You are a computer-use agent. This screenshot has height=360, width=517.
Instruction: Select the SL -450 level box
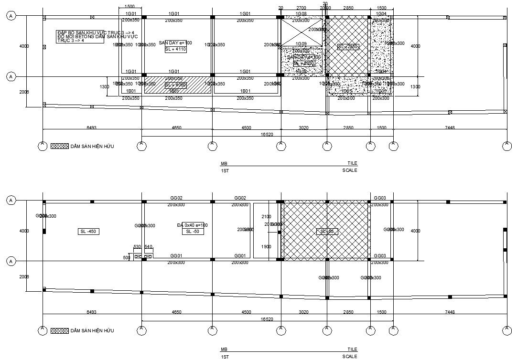(89, 232)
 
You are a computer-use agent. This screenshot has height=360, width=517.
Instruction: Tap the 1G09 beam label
(301, 44)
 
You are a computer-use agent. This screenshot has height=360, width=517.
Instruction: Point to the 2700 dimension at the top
(301, 8)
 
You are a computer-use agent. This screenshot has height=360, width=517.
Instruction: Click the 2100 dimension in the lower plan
(267, 217)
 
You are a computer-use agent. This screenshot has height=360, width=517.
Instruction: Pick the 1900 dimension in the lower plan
(267, 247)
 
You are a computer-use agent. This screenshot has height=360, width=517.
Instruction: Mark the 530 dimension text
(137, 247)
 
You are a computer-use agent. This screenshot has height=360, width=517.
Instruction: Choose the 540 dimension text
(148, 247)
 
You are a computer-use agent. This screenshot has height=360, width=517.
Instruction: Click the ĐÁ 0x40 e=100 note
(192, 225)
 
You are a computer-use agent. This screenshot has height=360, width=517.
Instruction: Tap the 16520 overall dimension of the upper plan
(267, 135)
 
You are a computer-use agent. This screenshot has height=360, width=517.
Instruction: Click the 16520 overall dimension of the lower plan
(267, 319)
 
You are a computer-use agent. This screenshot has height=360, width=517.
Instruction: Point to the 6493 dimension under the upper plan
(92, 128)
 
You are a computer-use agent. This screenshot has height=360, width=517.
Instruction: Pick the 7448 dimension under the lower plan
(450, 312)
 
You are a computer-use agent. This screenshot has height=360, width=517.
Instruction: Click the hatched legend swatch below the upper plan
(59, 146)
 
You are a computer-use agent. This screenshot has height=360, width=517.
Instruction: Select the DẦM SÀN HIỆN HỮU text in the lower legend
(92, 330)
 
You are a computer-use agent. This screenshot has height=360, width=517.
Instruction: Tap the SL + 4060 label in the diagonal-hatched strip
(175, 85)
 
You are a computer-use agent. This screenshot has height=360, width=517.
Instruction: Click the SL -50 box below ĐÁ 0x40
(192, 232)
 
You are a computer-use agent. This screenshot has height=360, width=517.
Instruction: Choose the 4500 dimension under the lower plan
(246, 312)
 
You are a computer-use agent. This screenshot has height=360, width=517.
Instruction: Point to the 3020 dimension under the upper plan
(303, 128)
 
